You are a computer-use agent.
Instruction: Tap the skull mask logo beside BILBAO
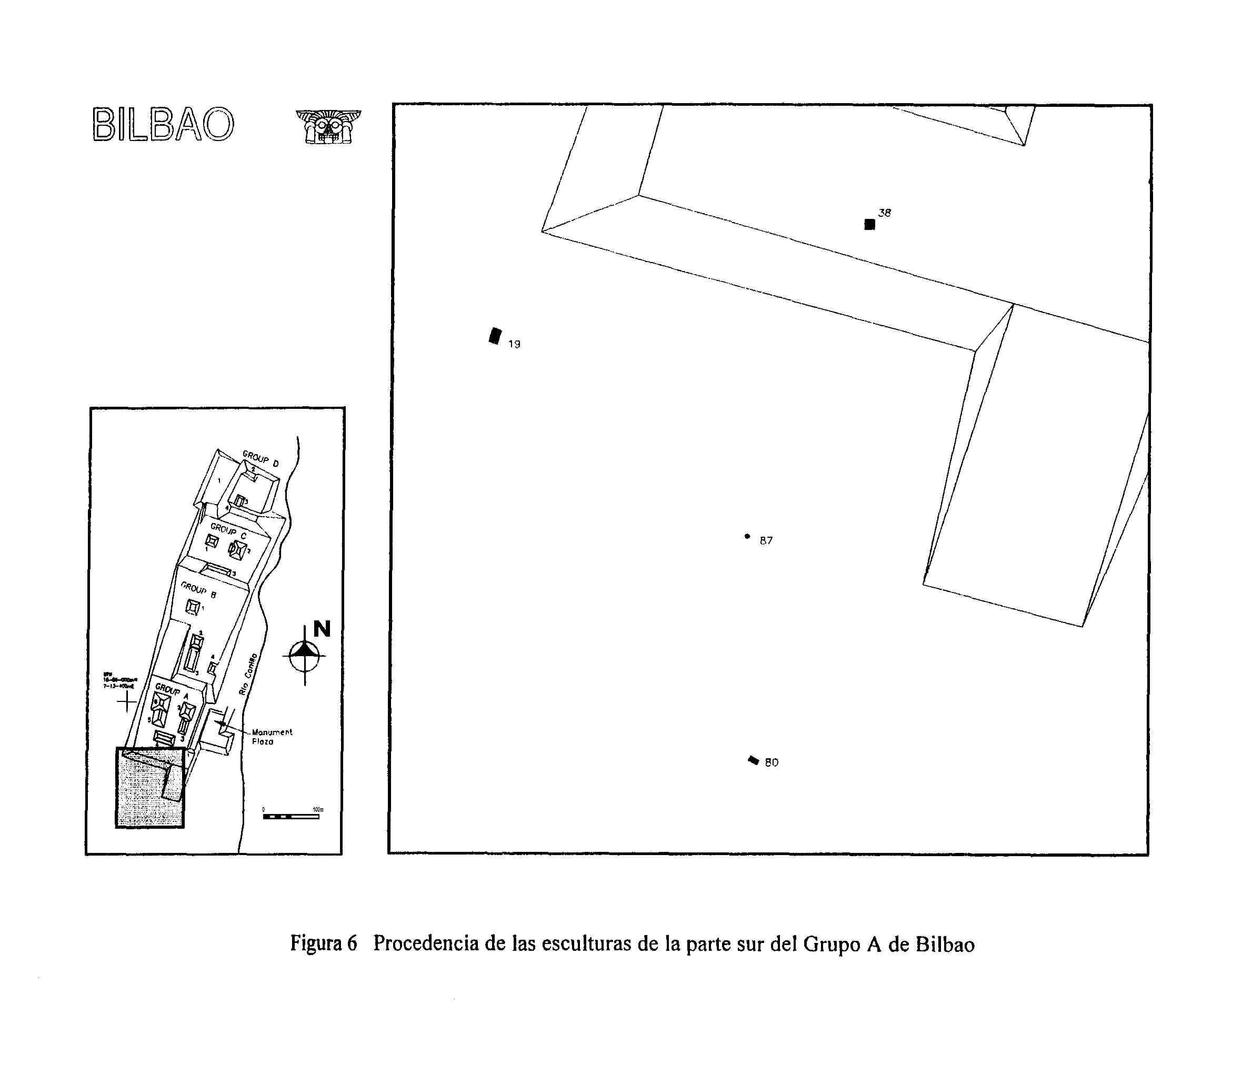(328, 126)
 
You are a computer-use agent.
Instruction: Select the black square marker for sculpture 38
(869, 225)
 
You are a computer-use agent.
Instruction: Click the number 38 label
(884, 213)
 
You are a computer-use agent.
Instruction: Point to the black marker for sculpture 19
(495, 336)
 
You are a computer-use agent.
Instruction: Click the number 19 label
(514, 344)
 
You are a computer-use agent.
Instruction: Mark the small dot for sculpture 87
(747, 536)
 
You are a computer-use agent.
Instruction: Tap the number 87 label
(766, 541)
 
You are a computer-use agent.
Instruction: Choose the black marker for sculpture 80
(753, 760)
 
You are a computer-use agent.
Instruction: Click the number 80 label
(772, 762)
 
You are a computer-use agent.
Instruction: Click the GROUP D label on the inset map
(261, 458)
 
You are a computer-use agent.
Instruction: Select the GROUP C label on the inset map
(228, 531)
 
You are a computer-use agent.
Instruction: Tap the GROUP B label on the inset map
(198, 590)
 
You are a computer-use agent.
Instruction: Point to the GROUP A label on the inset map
(172, 691)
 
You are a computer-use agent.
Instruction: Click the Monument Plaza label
(271, 737)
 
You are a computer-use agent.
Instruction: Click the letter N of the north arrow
(322, 629)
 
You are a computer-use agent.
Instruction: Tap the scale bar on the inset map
(291, 816)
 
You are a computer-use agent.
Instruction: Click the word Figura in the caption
(315, 943)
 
